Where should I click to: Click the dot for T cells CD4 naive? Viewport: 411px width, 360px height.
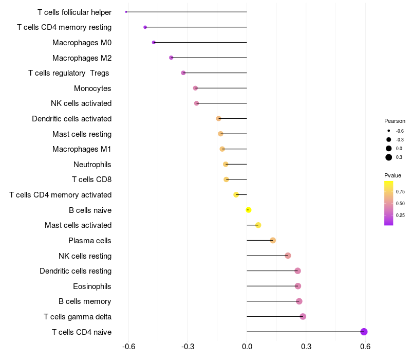[364, 332]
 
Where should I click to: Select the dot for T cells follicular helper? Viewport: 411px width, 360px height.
[126, 12]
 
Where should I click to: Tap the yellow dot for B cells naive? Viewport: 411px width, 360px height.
[249, 210]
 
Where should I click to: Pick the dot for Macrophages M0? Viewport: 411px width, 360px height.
[154, 42]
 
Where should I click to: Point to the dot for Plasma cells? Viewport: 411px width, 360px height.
[273, 241]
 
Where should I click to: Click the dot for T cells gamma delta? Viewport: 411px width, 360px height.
[303, 316]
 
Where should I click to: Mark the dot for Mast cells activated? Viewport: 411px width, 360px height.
[258, 225]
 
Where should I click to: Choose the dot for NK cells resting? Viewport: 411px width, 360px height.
[288, 256]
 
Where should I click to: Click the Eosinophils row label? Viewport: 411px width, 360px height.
[92, 286]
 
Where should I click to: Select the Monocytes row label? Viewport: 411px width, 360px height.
[92, 88]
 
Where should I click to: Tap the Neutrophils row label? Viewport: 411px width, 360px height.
[92, 165]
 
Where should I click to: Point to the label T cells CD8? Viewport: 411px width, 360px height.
[91, 179]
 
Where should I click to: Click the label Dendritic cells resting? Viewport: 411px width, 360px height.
[76, 271]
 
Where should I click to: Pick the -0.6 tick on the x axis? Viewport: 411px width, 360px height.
[128, 347]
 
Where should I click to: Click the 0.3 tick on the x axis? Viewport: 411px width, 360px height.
[306, 347]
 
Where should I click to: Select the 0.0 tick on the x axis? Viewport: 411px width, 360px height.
[247, 347]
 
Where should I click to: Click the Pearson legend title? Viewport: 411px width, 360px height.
[395, 121]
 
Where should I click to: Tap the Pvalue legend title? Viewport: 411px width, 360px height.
[393, 175]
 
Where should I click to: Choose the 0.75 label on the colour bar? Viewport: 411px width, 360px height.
[400, 192]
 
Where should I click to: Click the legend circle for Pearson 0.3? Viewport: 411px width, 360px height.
[389, 157]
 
